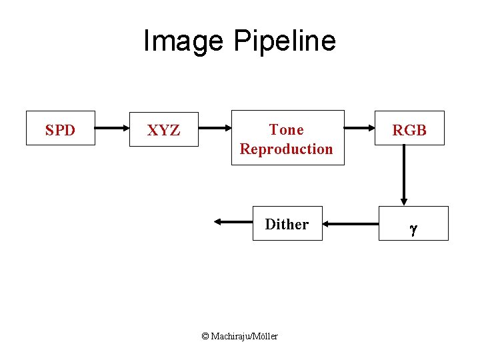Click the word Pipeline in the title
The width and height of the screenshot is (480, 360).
(285, 41)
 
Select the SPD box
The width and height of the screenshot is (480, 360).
(60, 128)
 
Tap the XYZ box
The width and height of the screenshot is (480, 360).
(163, 129)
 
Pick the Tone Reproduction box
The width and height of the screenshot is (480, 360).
(287, 138)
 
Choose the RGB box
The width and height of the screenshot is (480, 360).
(409, 129)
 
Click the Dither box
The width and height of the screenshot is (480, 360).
(287, 223)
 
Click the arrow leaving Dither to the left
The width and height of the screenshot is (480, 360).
(233, 223)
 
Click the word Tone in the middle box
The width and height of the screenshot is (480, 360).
(286, 129)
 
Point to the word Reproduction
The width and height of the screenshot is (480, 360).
(287, 149)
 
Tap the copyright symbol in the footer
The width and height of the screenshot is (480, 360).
(205, 337)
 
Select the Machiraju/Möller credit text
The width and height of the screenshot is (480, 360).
(244, 337)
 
